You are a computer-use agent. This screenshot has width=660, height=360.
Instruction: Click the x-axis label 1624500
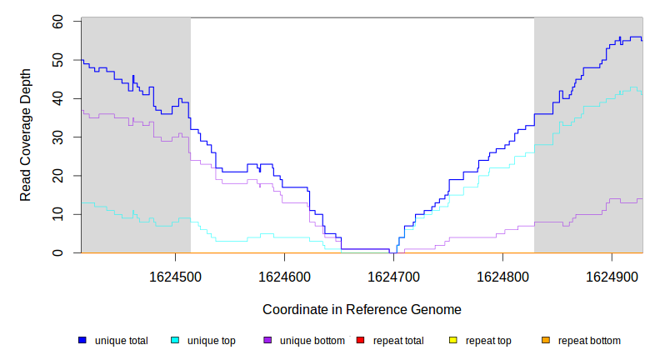point(174,276)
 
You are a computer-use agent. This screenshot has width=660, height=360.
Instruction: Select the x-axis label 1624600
point(284,276)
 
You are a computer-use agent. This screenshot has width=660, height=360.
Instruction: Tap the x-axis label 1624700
point(393,276)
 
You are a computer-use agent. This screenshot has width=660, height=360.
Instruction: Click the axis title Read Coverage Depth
point(26,136)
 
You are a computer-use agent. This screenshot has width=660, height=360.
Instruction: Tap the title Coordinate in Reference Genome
point(362,309)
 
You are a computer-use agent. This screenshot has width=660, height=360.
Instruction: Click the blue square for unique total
point(82,341)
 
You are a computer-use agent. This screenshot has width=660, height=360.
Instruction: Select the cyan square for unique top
point(175,341)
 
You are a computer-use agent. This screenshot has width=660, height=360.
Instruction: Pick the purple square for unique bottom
point(267,341)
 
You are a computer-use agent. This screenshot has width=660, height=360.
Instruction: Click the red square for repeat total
point(360,341)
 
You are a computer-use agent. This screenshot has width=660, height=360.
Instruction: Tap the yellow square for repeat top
point(453,341)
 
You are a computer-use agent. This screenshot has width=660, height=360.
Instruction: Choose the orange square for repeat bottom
point(546,341)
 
